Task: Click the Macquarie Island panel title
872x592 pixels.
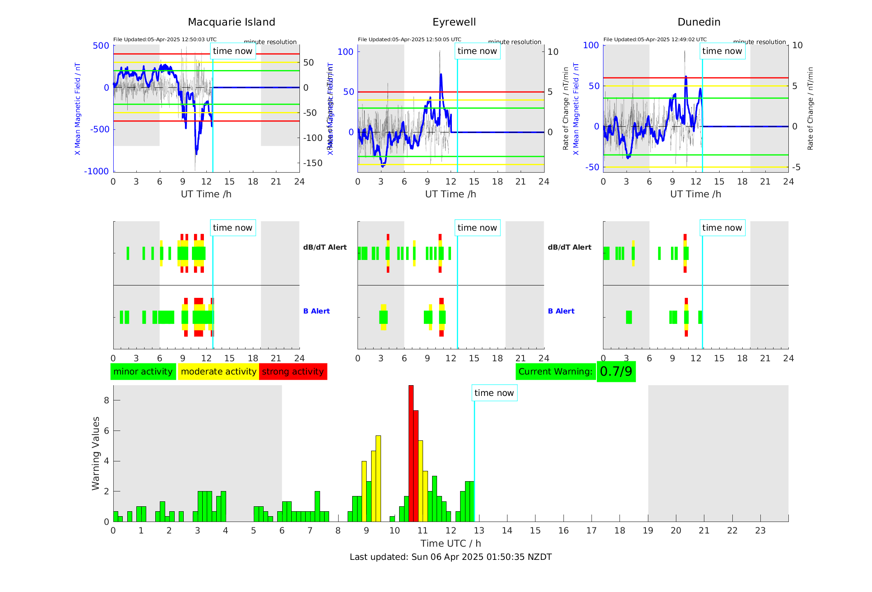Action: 231,22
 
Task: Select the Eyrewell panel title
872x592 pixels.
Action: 454,22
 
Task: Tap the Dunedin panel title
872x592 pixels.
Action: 699,22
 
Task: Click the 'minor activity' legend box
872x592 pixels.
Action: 143,372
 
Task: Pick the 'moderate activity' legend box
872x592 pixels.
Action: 218,372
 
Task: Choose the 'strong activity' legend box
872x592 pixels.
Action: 293,372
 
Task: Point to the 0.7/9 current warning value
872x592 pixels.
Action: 616,372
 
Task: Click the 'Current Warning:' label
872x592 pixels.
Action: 555,372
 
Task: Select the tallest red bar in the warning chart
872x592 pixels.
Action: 411,453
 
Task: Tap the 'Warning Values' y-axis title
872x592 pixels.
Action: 96,453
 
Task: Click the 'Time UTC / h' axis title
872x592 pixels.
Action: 451,543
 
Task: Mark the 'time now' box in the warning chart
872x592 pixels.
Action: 494,393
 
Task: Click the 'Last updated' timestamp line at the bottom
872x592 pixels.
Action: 451,557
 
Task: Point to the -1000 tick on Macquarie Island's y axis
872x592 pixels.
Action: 96,171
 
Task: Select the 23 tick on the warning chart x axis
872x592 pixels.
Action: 760,531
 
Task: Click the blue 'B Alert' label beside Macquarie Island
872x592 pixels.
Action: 316,311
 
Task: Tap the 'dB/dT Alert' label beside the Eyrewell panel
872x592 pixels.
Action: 569,247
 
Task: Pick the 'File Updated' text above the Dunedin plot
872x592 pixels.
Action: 655,40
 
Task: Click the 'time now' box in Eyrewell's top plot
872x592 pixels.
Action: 477,51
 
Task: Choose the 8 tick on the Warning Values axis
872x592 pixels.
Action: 106,400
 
